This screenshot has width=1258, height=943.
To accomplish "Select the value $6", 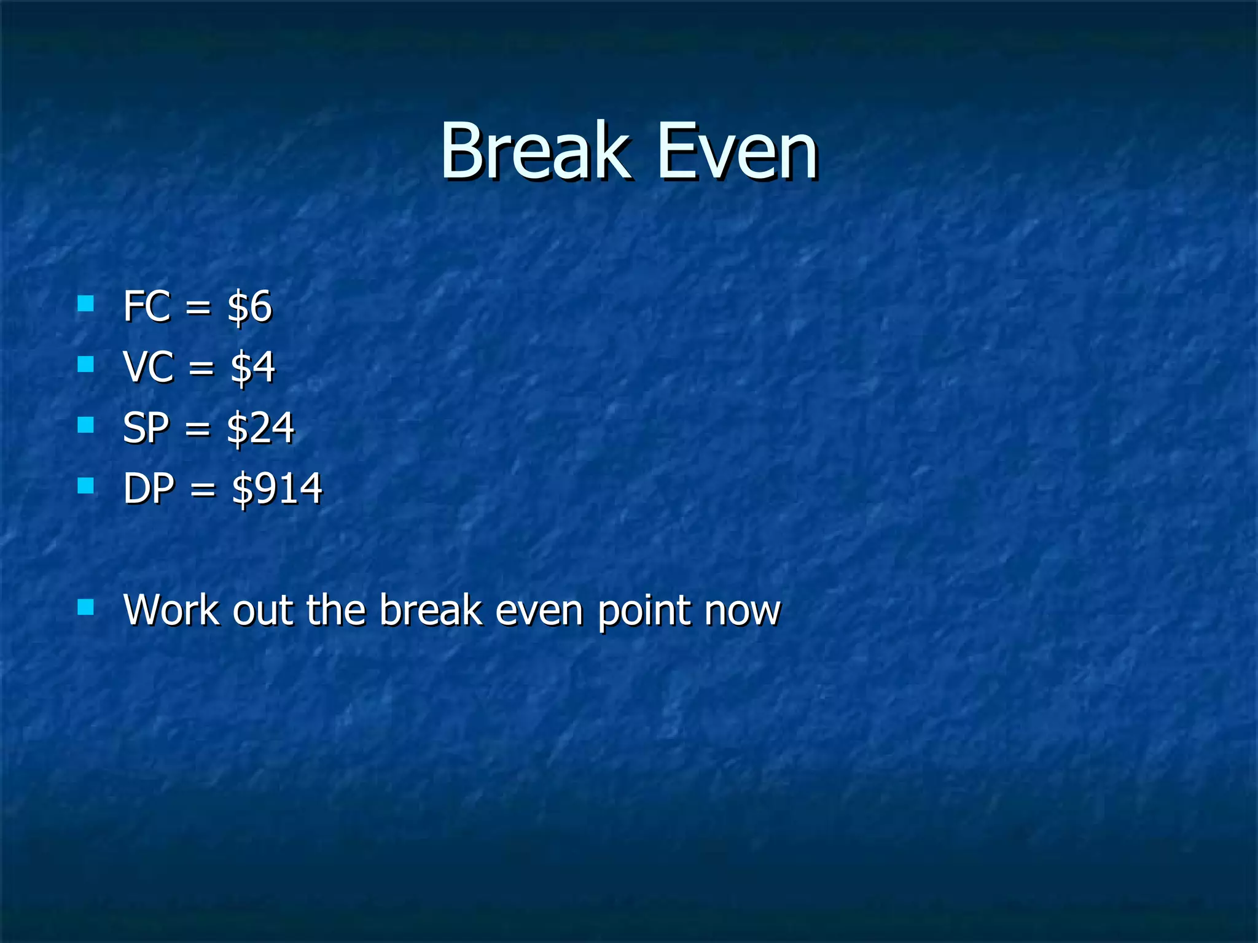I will [x=249, y=306].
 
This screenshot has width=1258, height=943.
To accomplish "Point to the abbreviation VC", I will [x=148, y=367].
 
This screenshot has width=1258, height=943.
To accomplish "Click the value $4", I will [x=252, y=367].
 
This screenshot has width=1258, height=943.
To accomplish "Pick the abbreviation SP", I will [x=146, y=427].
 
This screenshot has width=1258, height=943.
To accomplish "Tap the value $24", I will [x=260, y=428].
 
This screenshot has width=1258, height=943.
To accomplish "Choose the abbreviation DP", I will [x=149, y=488].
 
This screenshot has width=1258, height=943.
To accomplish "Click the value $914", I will [x=277, y=489].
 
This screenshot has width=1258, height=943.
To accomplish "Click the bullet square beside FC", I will [x=86, y=303].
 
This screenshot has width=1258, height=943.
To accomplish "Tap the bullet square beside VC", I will [x=86, y=364].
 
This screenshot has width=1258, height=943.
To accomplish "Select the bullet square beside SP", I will [x=86, y=425].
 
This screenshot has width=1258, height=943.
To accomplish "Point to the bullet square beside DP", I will [x=86, y=486].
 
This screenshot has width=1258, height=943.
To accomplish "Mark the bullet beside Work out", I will [x=86, y=607].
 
